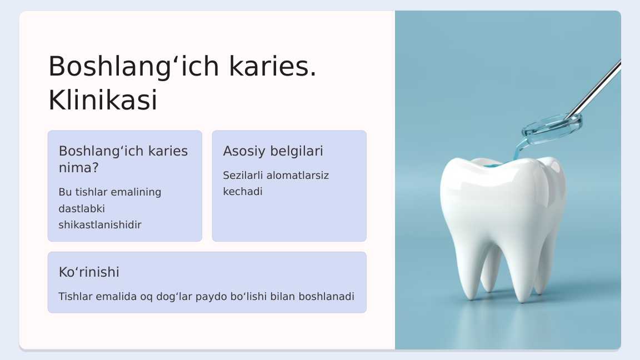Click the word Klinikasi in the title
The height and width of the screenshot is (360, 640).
pos(102,101)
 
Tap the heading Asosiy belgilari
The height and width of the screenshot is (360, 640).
pos(273,151)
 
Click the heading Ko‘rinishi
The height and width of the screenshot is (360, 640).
pos(89,272)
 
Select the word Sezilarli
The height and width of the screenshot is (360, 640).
pos(243,176)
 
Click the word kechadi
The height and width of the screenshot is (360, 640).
pos(242,192)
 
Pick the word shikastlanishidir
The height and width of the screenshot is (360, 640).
pos(100,225)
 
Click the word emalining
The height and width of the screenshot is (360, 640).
pos(136,192)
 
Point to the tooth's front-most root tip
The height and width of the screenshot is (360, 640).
pos(522,298)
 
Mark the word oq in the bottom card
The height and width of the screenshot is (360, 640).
pos(146,297)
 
